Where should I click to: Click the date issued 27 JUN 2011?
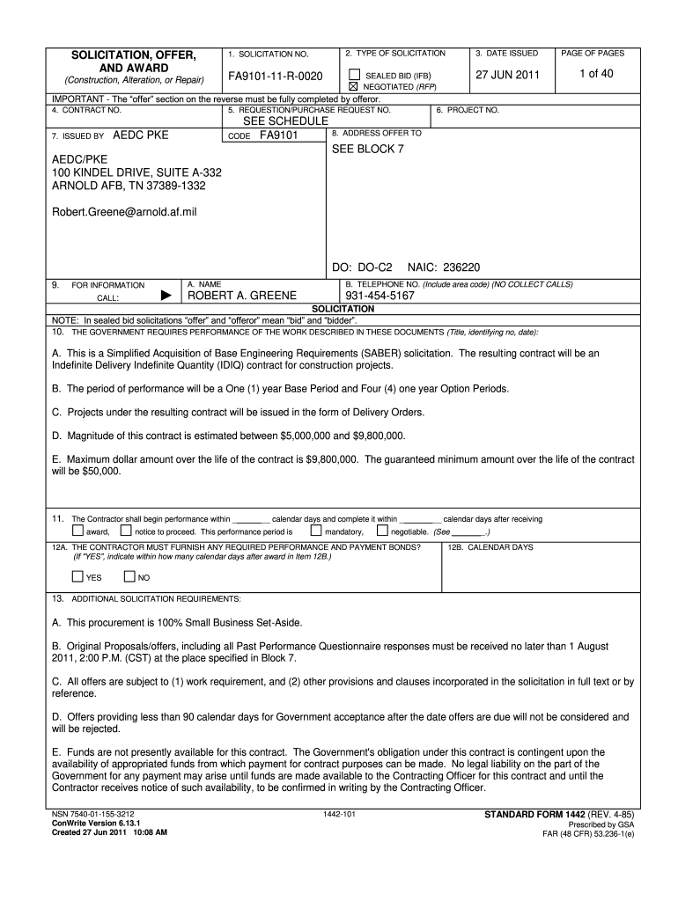click(507, 75)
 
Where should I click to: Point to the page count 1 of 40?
click(595, 74)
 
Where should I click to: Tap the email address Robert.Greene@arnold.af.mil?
click(124, 211)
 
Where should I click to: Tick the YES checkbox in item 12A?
click(77, 577)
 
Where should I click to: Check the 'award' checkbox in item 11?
click(77, 531)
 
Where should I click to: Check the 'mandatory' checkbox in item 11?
click(315, 531)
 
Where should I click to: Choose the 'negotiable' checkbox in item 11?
click(381, 531)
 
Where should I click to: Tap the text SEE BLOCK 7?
click(367, 149)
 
